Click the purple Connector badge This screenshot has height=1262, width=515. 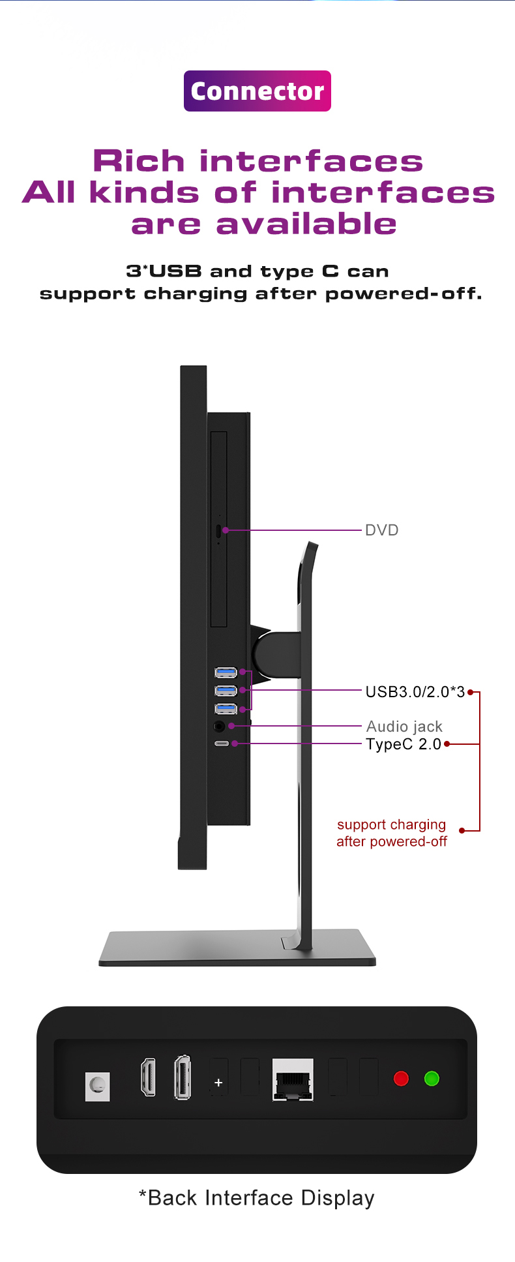(257, 91)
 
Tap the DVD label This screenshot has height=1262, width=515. (381, 530)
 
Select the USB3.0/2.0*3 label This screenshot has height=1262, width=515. (415, 692)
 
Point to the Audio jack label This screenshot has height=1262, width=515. (404, 727)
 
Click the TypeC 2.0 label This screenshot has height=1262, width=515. (404, 744)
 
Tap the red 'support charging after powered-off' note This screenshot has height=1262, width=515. (392, 833)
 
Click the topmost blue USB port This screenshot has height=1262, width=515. (226, 672)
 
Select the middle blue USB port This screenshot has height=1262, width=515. (226, 691)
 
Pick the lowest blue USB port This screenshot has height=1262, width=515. (226, 709)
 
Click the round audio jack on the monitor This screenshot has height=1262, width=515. (219, 726)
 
